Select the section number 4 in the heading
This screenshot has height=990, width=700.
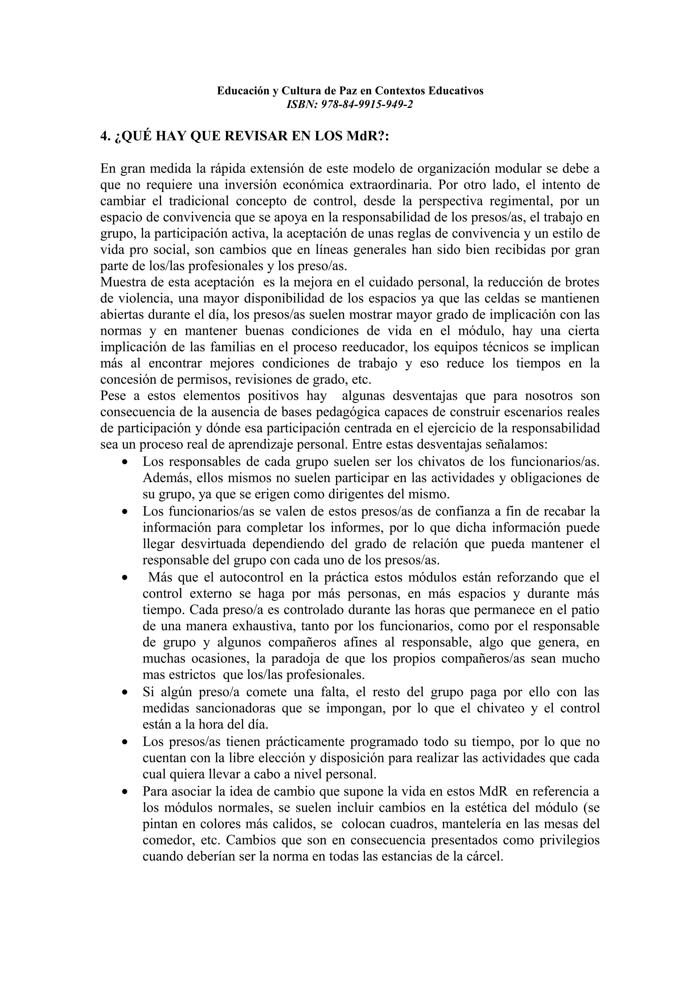104,136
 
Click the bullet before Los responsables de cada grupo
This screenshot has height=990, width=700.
125,462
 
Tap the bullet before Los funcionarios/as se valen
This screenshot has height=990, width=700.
125,512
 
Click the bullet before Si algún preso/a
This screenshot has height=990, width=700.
125,692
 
